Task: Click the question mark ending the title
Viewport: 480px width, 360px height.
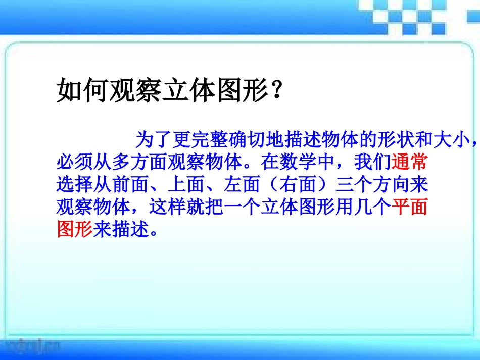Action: click(x=276, y=91)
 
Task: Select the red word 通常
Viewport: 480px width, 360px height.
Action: click(x=410, y=163)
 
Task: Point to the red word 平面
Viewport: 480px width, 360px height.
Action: click(x=410, y=208)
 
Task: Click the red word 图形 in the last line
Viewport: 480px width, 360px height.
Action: click(x=74, y=230)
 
